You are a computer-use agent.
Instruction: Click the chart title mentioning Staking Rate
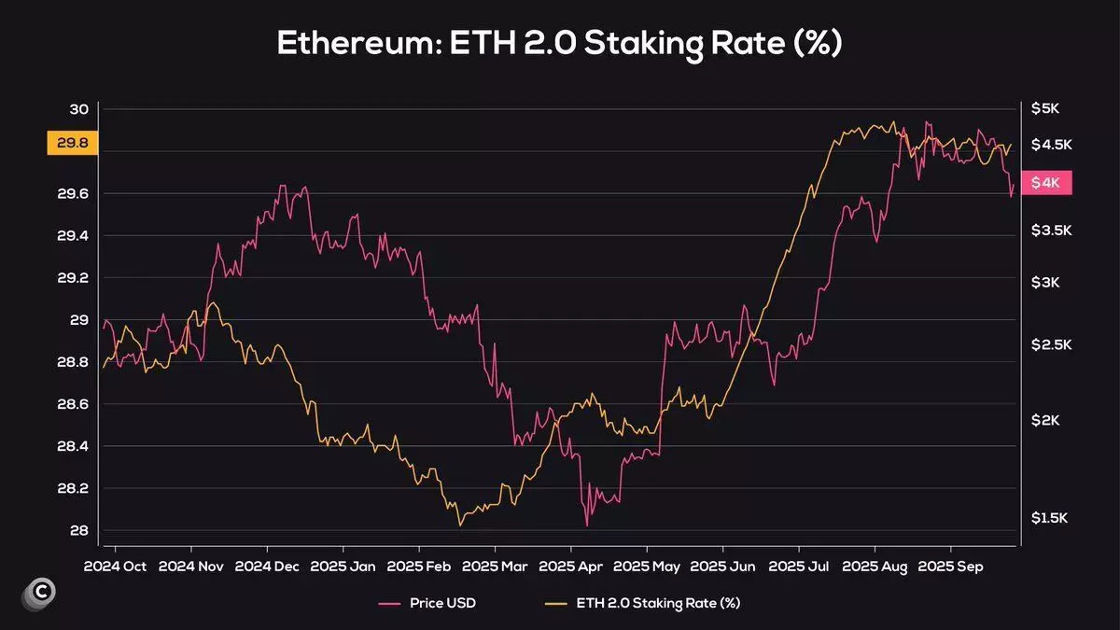coord(559,44)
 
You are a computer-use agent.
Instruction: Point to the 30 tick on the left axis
coord(78,109)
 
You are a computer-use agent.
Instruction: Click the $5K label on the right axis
coord(1045,108)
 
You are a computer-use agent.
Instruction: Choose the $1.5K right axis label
coord(1050,518)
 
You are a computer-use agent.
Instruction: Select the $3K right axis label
coord(1045,282)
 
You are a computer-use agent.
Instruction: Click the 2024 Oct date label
coord(115,566)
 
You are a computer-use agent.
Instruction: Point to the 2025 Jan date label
coord(343,566)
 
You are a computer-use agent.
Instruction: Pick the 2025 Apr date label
coord(571,566)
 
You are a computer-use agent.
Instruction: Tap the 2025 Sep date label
coord(951,566)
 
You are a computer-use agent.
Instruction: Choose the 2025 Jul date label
coord(799,566)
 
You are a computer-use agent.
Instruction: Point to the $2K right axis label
coord(1045,421)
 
